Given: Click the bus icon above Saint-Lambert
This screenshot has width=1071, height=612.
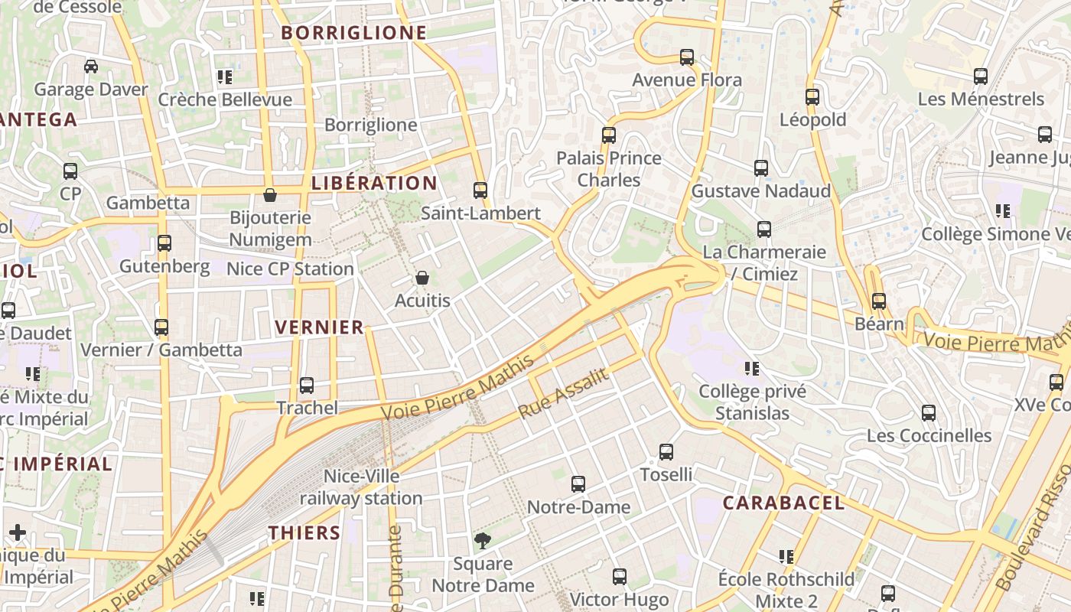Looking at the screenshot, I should click(480, 190).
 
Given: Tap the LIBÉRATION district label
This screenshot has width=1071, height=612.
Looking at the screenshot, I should click(374, 183).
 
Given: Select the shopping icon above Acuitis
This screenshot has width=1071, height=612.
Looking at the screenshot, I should click(422, 278).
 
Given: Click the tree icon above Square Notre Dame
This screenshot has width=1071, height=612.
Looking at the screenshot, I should click(483, 542).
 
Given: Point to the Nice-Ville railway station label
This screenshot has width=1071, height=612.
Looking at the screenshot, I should click(361, 487).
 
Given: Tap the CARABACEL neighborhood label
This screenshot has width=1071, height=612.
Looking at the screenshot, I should click(784, 503).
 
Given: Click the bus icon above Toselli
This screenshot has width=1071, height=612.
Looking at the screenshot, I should click(666, 452).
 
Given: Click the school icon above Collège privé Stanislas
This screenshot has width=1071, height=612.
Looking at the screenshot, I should click(752, 369).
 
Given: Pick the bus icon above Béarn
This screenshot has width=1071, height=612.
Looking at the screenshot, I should click(878, 301).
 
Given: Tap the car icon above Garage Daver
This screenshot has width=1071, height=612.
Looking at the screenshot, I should click(91, 67).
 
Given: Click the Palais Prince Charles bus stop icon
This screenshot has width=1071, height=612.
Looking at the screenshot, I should click(609, 135).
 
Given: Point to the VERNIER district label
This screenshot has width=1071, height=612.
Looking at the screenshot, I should click(319, 327).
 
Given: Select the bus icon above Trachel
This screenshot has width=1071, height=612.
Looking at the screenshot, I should click(307, 386).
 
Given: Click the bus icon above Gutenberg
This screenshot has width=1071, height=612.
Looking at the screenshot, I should click(164, 244).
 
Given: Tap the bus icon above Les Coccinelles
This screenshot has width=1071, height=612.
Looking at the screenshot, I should click(929, 413).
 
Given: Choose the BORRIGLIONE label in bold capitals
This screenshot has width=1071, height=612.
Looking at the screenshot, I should click(353, 32).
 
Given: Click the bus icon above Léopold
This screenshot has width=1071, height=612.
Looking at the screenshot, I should click(812, 97).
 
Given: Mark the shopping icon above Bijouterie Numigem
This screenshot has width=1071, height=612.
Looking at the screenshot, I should click(270, 195).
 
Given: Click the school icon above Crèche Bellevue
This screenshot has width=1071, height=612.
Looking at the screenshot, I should click(225, 77).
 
